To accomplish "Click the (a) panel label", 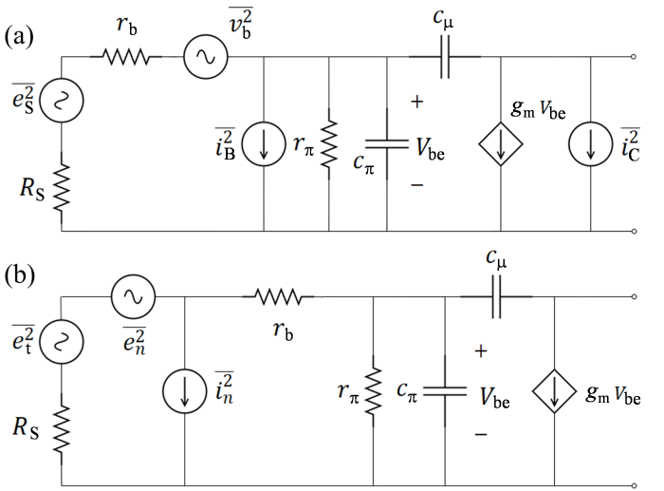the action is pos(19,37).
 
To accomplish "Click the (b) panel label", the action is pos(20,275).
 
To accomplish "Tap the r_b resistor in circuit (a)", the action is pos(126,56).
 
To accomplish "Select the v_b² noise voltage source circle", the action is pos(206,56).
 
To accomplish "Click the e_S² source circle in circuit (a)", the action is pos(62,101).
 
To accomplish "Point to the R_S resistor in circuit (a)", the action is pos(62,187).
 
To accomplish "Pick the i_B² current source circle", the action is pos(264,143).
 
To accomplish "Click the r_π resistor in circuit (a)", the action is pos(329,143).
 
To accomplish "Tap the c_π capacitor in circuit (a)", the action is pos(387,143).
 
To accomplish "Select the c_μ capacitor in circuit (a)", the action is pos(445,56).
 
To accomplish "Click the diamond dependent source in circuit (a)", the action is pos(501,143).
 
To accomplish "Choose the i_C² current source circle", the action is pos(591,143).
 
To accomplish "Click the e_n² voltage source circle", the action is pos(133,297).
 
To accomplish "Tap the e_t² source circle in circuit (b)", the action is pos(62,341).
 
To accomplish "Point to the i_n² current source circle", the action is pos(185,391).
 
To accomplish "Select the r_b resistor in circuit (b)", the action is pos(278,297).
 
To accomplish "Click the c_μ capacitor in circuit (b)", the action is pos(496,297).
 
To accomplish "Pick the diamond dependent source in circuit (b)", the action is pos(554,391).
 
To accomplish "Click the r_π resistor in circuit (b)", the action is pos(373,391).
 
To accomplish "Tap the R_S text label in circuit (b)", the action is pos(26,427).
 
